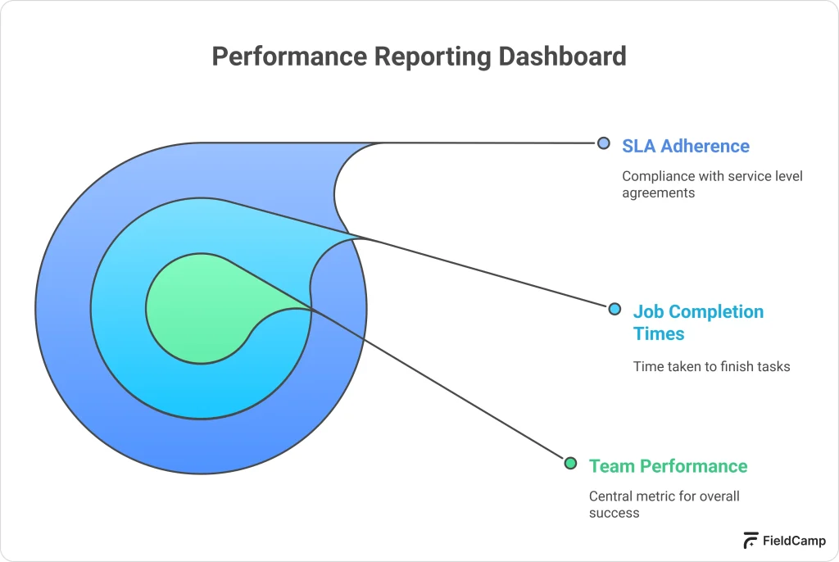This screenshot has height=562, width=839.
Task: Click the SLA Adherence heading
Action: [685, 146]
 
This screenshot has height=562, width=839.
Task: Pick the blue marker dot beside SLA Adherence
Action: [604, 143]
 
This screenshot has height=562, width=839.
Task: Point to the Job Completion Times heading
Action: [698, 322]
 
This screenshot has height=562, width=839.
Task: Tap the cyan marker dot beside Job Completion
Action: [615, 309]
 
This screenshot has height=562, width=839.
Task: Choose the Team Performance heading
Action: [668, 465]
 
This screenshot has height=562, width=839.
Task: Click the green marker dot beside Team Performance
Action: [570, 463]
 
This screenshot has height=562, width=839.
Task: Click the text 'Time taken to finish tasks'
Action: [711, 366]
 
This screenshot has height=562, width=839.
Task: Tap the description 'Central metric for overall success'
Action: [664, 504]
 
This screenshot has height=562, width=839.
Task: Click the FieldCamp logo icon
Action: [751, 540]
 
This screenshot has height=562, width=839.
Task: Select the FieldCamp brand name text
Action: [794, 541]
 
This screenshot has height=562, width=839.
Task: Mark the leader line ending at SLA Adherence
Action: [492, 143]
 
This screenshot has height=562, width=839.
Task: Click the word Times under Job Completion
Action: [659, 333]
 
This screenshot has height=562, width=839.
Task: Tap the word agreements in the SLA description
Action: [658, 193]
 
